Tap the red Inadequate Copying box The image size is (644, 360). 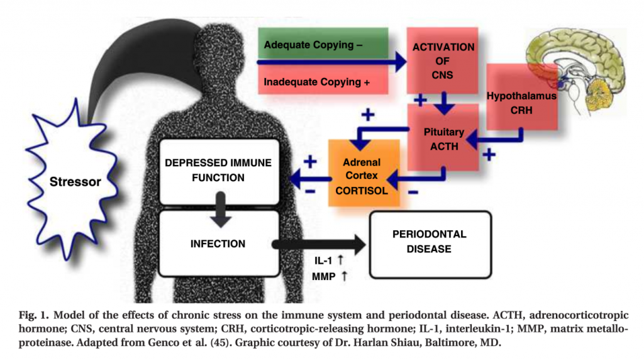[x=323, y=80]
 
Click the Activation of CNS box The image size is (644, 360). [x=442, y=60]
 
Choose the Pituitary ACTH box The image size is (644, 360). [x=443, y=137]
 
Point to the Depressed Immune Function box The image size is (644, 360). [x=218, y=171]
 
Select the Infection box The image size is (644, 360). [x=218, y=244]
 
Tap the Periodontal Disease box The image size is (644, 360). [x=430, y=245]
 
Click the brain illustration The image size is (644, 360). [x=575, y=70]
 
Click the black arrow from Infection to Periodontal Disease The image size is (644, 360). [x=319, y=245]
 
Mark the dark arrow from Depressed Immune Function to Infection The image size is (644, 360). [x=221, y=210]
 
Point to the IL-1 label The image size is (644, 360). [x=323, y=261]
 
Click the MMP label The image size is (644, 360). [x=324, y=276]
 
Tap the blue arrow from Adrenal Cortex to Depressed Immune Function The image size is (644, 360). [x=311, y=179]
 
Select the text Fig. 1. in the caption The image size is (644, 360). [x=34, y=315]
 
